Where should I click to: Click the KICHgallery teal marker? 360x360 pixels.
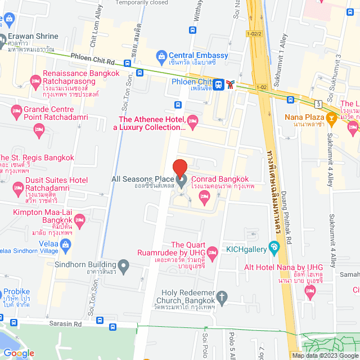click(274, 246)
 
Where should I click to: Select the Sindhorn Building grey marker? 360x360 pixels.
click(124, 264)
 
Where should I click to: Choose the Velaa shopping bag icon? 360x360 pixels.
click(66, 244)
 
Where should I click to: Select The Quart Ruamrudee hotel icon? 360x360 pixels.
click(212, 250)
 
